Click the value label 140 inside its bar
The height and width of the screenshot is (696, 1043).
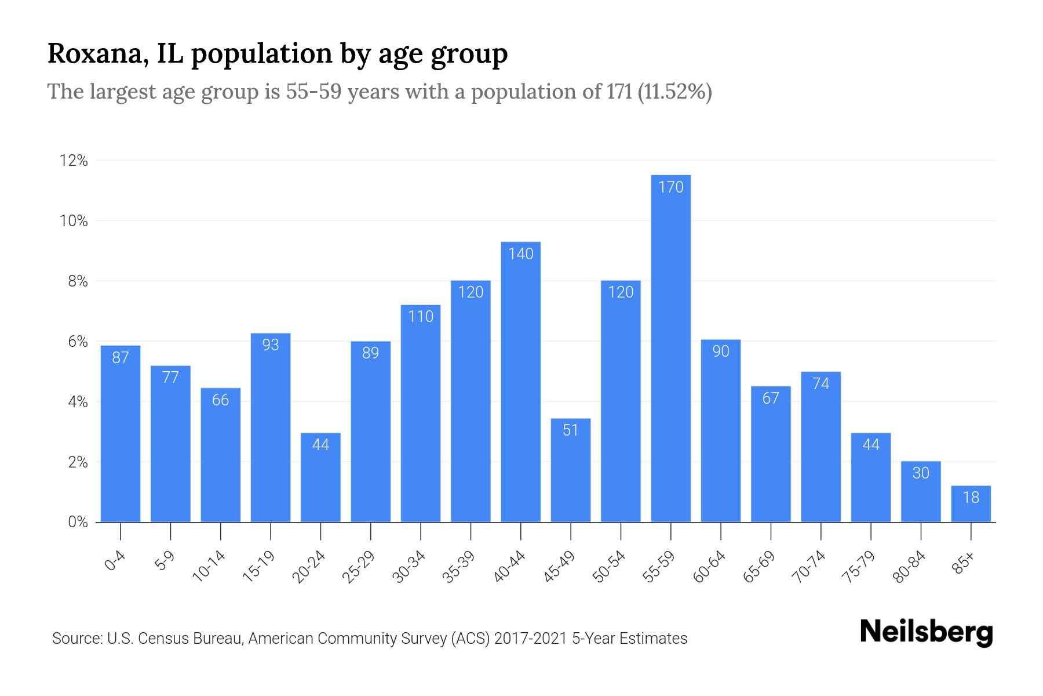click(520, 254)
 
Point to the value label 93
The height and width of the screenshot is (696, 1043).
click(271, 345)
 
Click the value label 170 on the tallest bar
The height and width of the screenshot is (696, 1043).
click(670, 187)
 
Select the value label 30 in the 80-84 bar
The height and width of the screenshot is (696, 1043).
click(921, 473)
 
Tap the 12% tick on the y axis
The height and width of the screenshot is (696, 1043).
click(74, 161)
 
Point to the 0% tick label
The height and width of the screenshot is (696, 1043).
click(78, 522)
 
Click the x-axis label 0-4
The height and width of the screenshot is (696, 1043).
click(115, 561)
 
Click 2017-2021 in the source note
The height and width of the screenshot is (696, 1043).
click(530, 639)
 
